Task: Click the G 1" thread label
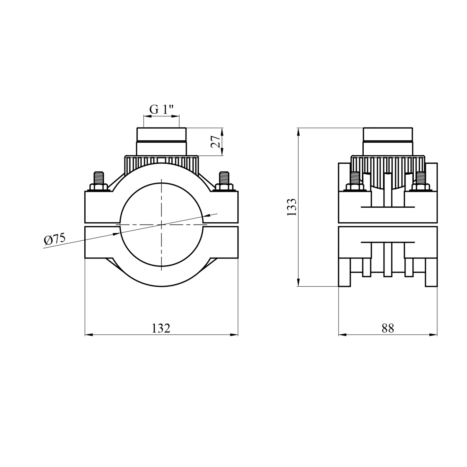point(161,109)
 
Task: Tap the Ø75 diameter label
point(55,239)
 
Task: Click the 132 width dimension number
point(161,328)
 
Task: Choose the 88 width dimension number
point(388,328)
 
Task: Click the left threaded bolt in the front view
point(99,181)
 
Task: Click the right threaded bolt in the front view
point(224,181)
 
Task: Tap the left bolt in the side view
point(355,181)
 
